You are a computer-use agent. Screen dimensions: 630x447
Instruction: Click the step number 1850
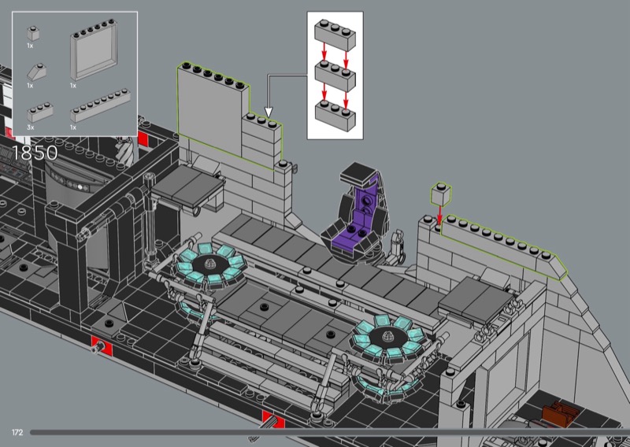click(35, 153)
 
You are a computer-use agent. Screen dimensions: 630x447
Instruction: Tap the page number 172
click(17, 432)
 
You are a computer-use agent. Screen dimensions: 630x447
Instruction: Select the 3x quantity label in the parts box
click(31, 127)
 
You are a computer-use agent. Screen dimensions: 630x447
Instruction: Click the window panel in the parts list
click(94, 50)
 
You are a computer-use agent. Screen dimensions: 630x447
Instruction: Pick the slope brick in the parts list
click(36, 72)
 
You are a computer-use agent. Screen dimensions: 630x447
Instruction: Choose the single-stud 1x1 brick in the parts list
click(33, 33)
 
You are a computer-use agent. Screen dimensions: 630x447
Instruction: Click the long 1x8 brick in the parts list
click(101, 105)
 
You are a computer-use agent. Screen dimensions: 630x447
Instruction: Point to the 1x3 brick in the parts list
click(40, 112)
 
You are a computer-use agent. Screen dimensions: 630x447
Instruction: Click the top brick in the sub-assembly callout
click(335, 35)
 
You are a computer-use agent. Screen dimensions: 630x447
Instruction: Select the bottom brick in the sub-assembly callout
click(335, 116)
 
